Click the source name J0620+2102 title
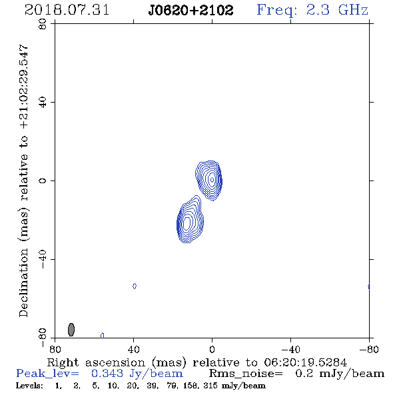(x=191, y=11)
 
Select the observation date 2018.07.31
(x=67, y=10)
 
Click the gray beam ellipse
(x=71, y=329)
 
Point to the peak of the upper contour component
(x=212, y=179)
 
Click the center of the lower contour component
(x=187, y=223)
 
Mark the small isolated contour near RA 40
(x=135, y=286)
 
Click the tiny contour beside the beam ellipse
(x=103, y=335)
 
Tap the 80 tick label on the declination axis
(x=43, y=24)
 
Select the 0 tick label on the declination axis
(x=43, y=181)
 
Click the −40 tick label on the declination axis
(x=43, y=259)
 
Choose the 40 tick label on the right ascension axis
(x=134, y=350)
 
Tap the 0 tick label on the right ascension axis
(x=212, y=350)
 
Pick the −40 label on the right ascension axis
(x=290, y=350)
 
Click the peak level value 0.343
(x=107, y=374)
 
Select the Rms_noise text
(x=246, y=374)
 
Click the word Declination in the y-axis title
(x=23, y=282)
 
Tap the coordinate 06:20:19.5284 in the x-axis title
(x=306, y=362)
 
